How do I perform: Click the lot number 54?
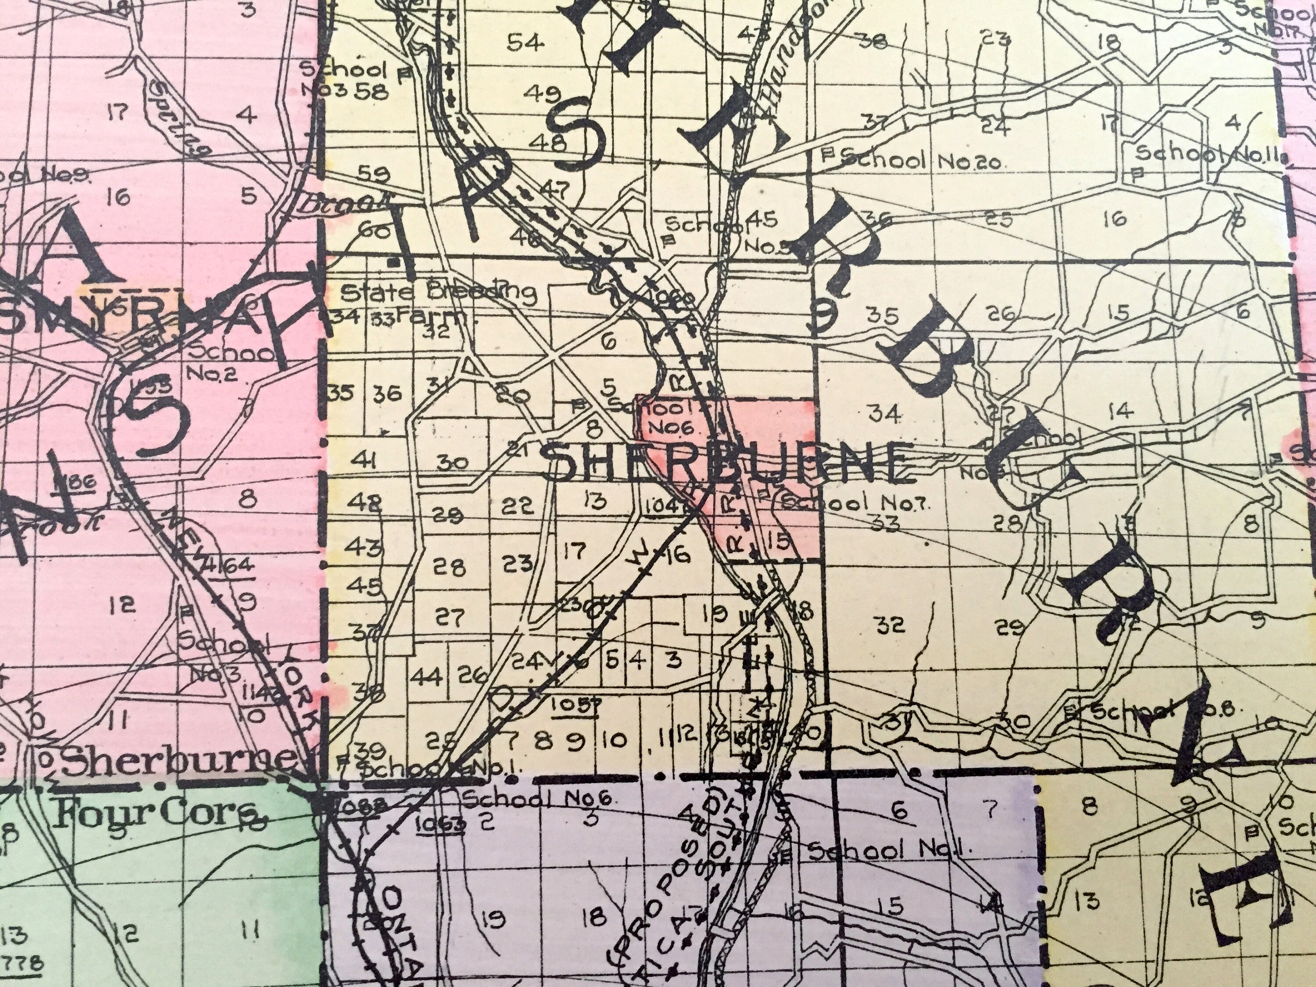tap(525, 43)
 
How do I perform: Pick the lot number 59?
tap(375, 174)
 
